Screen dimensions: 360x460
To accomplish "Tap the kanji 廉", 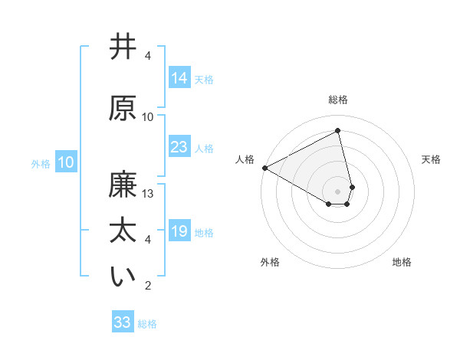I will pyautogui.click(x=123, y=185).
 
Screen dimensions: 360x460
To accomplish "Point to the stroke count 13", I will pyautogui.click(x=149, y=194).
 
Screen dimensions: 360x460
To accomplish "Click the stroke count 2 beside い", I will pyautogui.click(x=148, y=286).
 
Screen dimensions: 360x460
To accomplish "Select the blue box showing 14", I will pyautogui.click(x=179, y=77).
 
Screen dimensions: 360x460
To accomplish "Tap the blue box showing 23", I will pyautogui.click(x=179, y=147).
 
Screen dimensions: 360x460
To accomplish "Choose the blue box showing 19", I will pyautogui.click(x=179, y=231).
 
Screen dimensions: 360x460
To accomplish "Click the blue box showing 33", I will pyautogui.click(x=123, y=322).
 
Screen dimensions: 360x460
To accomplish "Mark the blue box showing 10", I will pyautogui.click(x=66, y=162).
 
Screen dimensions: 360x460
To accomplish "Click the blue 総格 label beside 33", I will pyautogui.click(x=148, y=324).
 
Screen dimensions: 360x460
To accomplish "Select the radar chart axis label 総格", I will pyautogui.click(x=338, y=100).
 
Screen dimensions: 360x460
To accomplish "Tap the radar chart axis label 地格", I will pyautogui.click(x=402, y=263).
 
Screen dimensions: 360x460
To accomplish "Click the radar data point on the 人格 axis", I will pyautogui.click(x=264, y=167).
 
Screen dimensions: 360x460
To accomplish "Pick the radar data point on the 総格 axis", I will pyautogui.click(x=338, y=130).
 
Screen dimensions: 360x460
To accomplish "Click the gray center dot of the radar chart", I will pyautogui.click(x=338, y=191).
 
